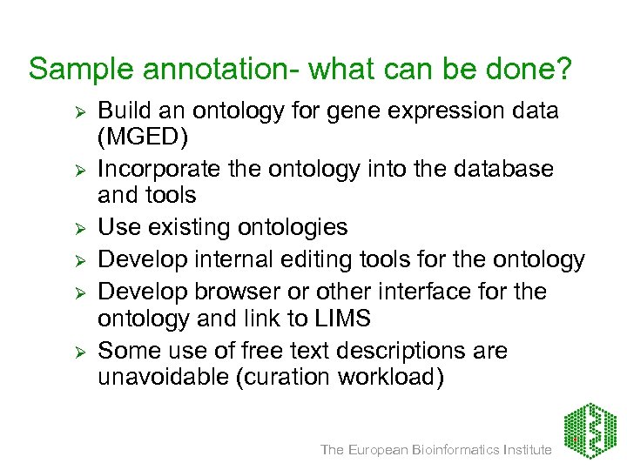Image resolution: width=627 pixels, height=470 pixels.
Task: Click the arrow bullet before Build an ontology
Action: coord(78,112)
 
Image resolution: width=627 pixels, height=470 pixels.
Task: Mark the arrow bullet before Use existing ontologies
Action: coord(78,230)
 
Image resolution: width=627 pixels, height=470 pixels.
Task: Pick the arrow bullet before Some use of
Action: coord(78,351)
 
